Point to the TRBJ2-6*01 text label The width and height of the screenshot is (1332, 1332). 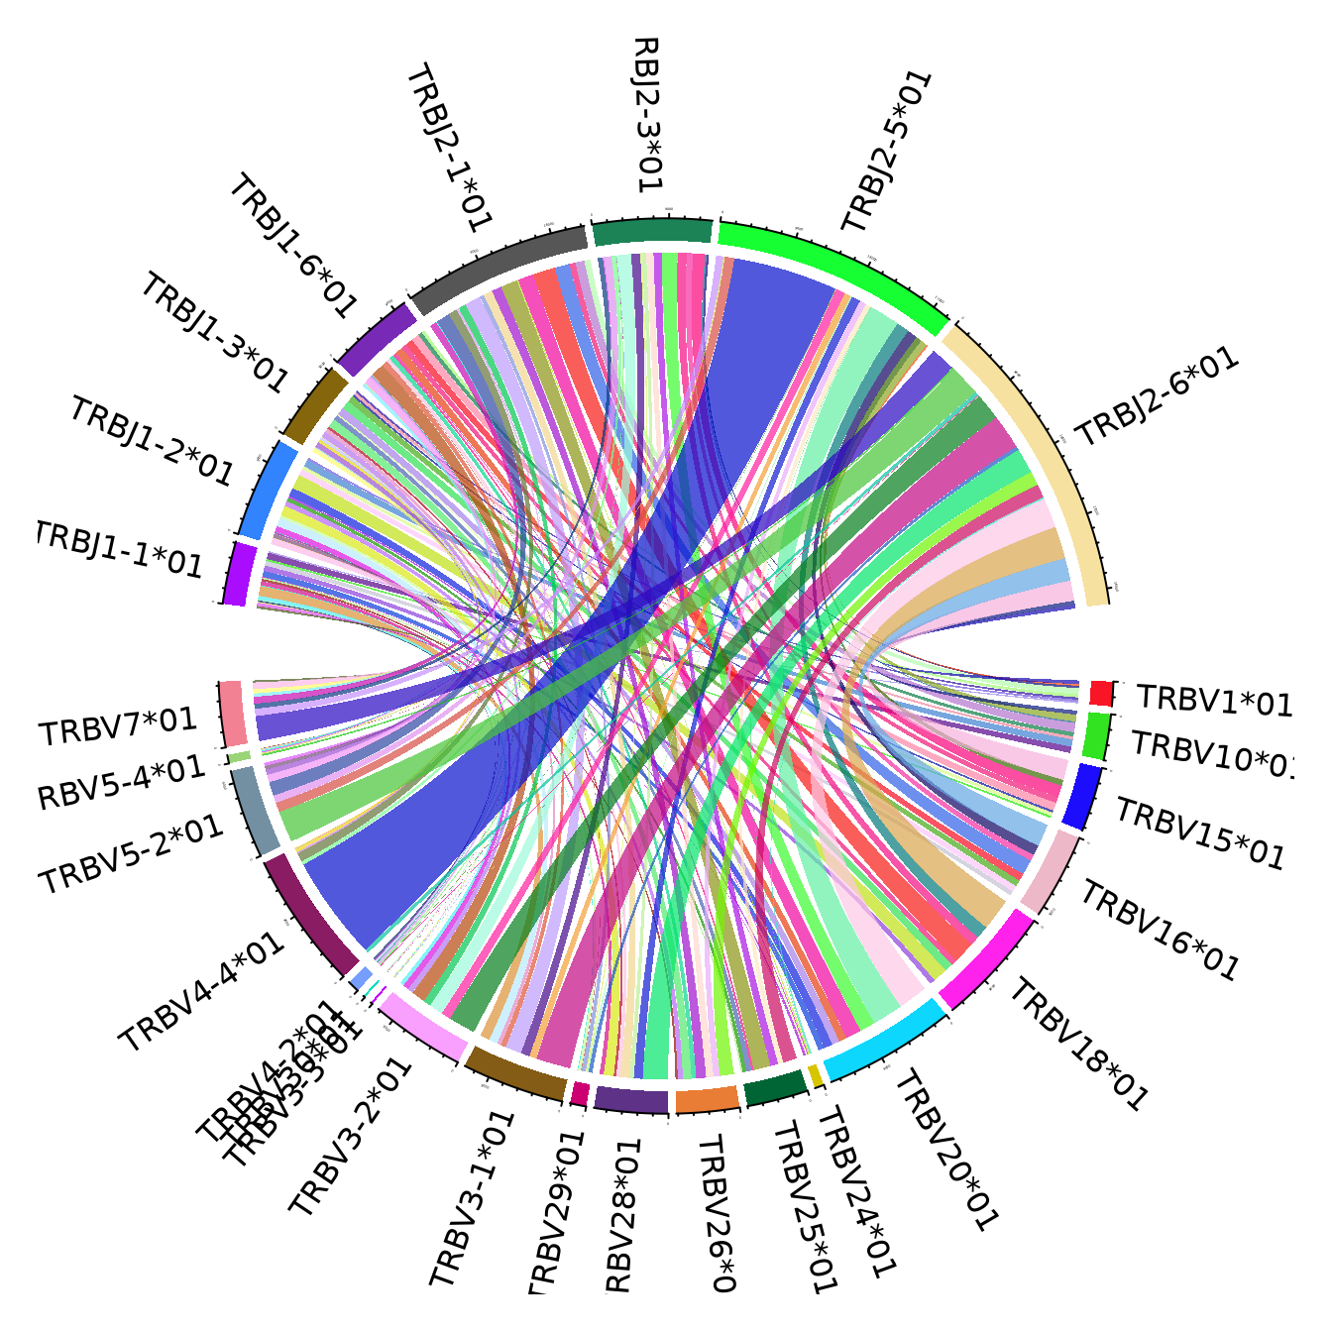pos(1158,396)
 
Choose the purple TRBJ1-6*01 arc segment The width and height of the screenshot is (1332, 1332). pos(377,337)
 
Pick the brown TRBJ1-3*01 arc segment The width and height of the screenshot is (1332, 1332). pos(315,404)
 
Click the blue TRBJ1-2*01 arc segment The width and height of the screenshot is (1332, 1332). pos(269,491)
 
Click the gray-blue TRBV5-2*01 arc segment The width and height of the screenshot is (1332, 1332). pos(255,809)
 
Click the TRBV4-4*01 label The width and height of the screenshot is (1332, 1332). pos(202,992)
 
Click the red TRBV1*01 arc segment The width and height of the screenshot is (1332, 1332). pos(1101,692)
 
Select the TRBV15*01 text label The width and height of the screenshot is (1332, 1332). pos(1200,834)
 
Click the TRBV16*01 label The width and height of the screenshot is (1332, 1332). pos(1160,932)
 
